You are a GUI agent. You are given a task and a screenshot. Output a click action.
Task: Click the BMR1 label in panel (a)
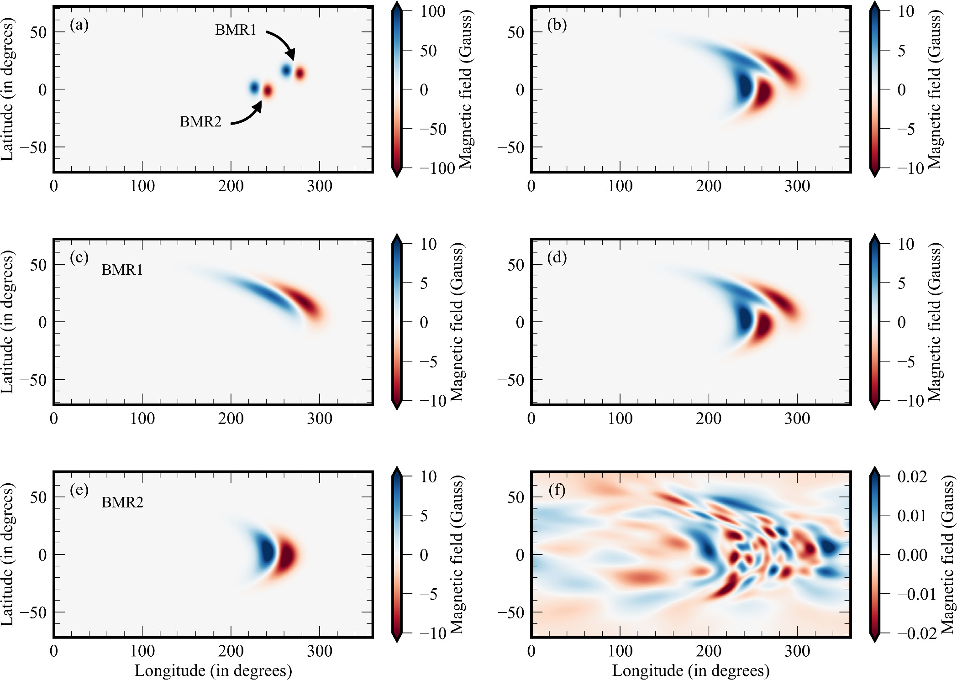coord(236,30)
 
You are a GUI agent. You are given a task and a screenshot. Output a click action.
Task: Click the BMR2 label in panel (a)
coord(200,122)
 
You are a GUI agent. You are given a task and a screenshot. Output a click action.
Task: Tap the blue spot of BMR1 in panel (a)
coord(286,70)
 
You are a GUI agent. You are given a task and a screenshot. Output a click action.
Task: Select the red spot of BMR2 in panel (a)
coord(268,91)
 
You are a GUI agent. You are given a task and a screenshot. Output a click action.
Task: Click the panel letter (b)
coord(557,25)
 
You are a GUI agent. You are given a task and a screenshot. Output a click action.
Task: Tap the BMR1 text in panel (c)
coord(122,270)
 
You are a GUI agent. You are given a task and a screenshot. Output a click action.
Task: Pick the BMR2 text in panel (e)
coord(122,502)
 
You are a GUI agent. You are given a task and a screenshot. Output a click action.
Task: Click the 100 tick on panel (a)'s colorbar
coord(432,11)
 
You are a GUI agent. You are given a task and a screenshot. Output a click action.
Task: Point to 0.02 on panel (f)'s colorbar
coord(912,477)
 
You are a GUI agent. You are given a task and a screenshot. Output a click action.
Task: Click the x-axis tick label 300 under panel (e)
coord(319,651)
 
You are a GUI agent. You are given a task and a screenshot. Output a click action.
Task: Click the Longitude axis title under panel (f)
coord(691,670)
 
